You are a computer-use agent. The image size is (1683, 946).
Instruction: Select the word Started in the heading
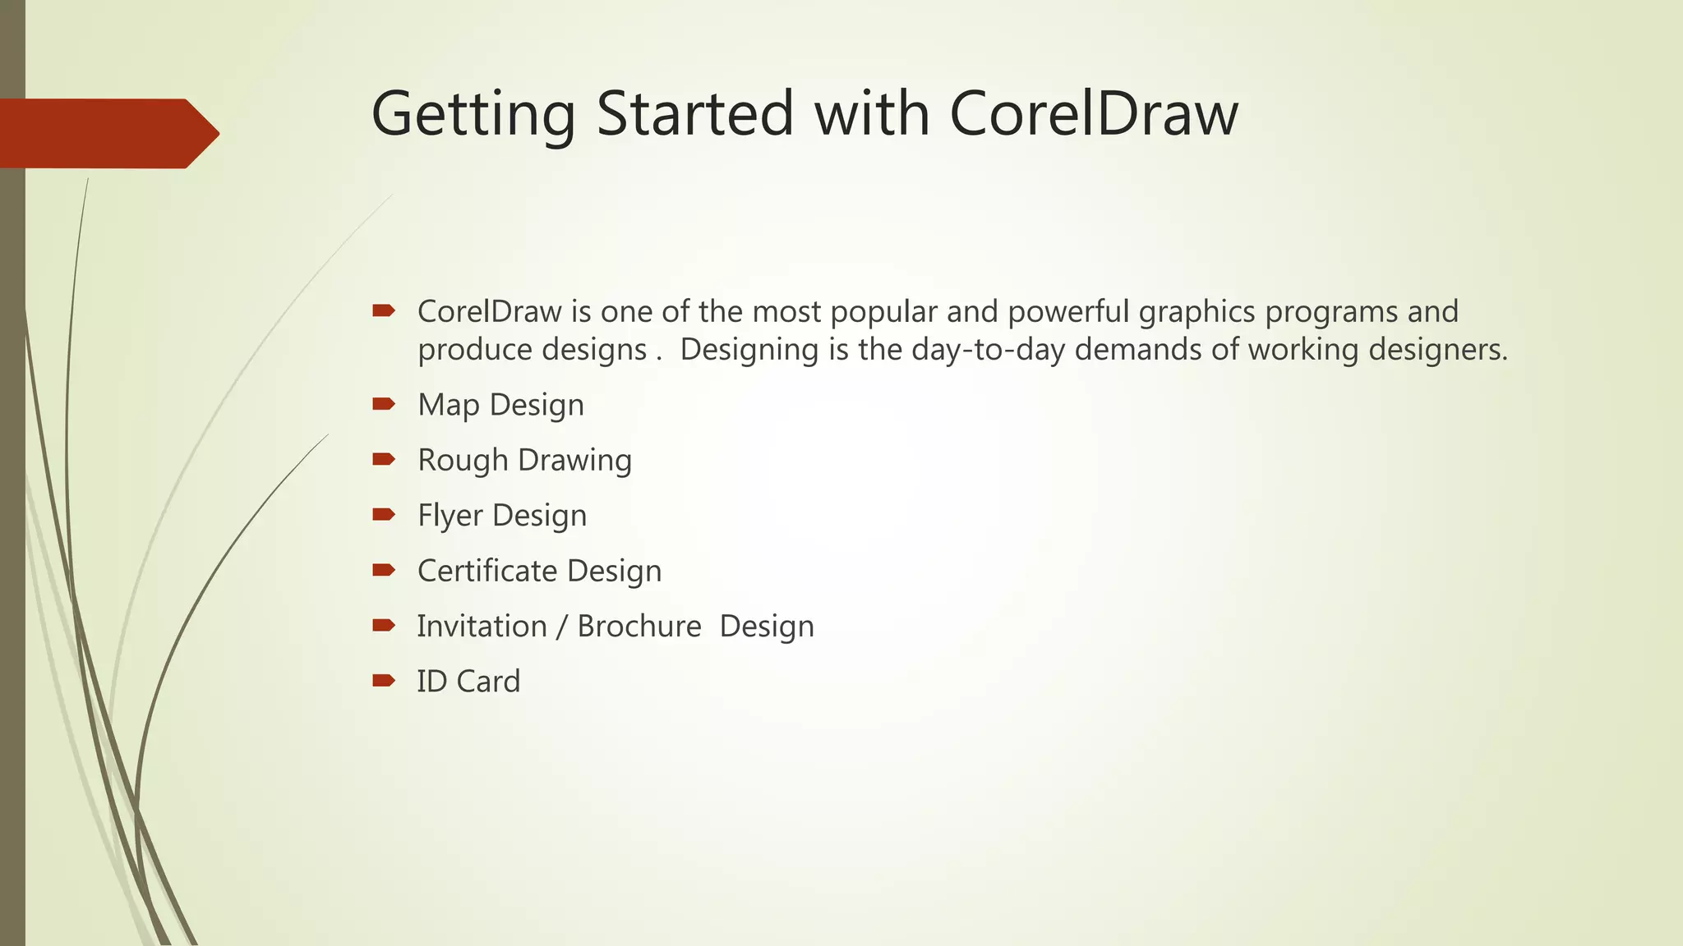tap(695, 113)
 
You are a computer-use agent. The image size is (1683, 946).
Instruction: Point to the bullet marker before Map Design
tap(384, 403)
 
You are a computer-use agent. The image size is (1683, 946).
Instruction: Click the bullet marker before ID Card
tap(384, 680)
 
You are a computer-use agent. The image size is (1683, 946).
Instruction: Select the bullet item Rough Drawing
tap(524, 460)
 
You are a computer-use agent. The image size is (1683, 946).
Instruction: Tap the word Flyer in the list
tap(450, 516)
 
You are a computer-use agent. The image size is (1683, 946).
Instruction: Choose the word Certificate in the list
tap(487, 571)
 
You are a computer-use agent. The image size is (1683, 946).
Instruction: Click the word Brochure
tap(639, 626)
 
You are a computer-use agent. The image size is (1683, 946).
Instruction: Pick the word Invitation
tap(482, 626)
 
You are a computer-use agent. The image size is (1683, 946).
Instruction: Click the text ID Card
tap(468, 681)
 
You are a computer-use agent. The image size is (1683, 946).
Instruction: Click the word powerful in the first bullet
tap(1068, 312)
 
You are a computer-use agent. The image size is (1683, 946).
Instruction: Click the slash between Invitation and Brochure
tap(561, 627)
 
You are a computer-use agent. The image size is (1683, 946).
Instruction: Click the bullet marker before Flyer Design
tap(384, 514)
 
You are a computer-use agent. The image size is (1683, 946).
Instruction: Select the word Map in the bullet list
tap(448, 405)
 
